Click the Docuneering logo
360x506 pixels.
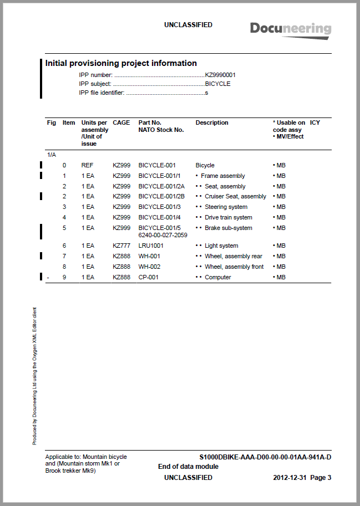[290, 29]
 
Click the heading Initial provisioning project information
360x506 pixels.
[121, 63]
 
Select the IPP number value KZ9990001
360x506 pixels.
[221, 75]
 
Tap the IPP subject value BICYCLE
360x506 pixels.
[218, 84]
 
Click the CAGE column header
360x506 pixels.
[121, 122]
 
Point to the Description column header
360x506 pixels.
[212, 122]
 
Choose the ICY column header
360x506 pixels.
[315, 122]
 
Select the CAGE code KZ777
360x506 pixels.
[121, 246]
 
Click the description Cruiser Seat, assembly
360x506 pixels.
[235, 196]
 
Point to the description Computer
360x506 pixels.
[218, 277]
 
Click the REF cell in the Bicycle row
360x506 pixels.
[87, 165]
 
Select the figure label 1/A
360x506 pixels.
[51, 155]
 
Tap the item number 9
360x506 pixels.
[64, 277]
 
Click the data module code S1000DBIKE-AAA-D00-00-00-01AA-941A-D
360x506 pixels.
[265, 457]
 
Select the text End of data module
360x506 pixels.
[188, 467]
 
